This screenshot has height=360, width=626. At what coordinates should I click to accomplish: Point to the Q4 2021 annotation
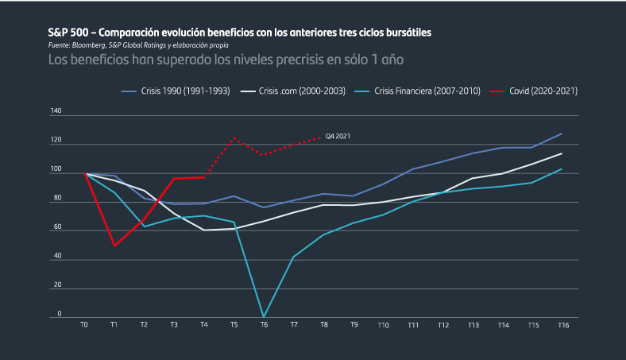point(338,137)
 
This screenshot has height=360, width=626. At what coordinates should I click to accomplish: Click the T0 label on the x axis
point(84,325)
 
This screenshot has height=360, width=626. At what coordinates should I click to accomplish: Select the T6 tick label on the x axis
point(264,325)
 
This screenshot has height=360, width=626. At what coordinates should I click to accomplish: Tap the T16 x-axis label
point(562,325)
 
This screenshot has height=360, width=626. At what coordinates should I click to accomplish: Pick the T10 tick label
point(384,325)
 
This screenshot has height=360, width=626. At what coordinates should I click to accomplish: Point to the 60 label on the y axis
point(57,227)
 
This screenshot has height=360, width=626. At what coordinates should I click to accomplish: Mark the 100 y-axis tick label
point(56,170)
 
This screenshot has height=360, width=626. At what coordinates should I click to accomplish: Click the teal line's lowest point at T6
point(264,317)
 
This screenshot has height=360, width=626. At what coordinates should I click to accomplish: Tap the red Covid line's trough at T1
point(114,246)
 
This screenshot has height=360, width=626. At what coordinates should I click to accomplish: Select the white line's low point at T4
point(204,230)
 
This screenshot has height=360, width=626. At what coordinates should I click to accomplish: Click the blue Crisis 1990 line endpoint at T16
point(562,134)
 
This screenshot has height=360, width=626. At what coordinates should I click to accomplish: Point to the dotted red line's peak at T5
point(234,138)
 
